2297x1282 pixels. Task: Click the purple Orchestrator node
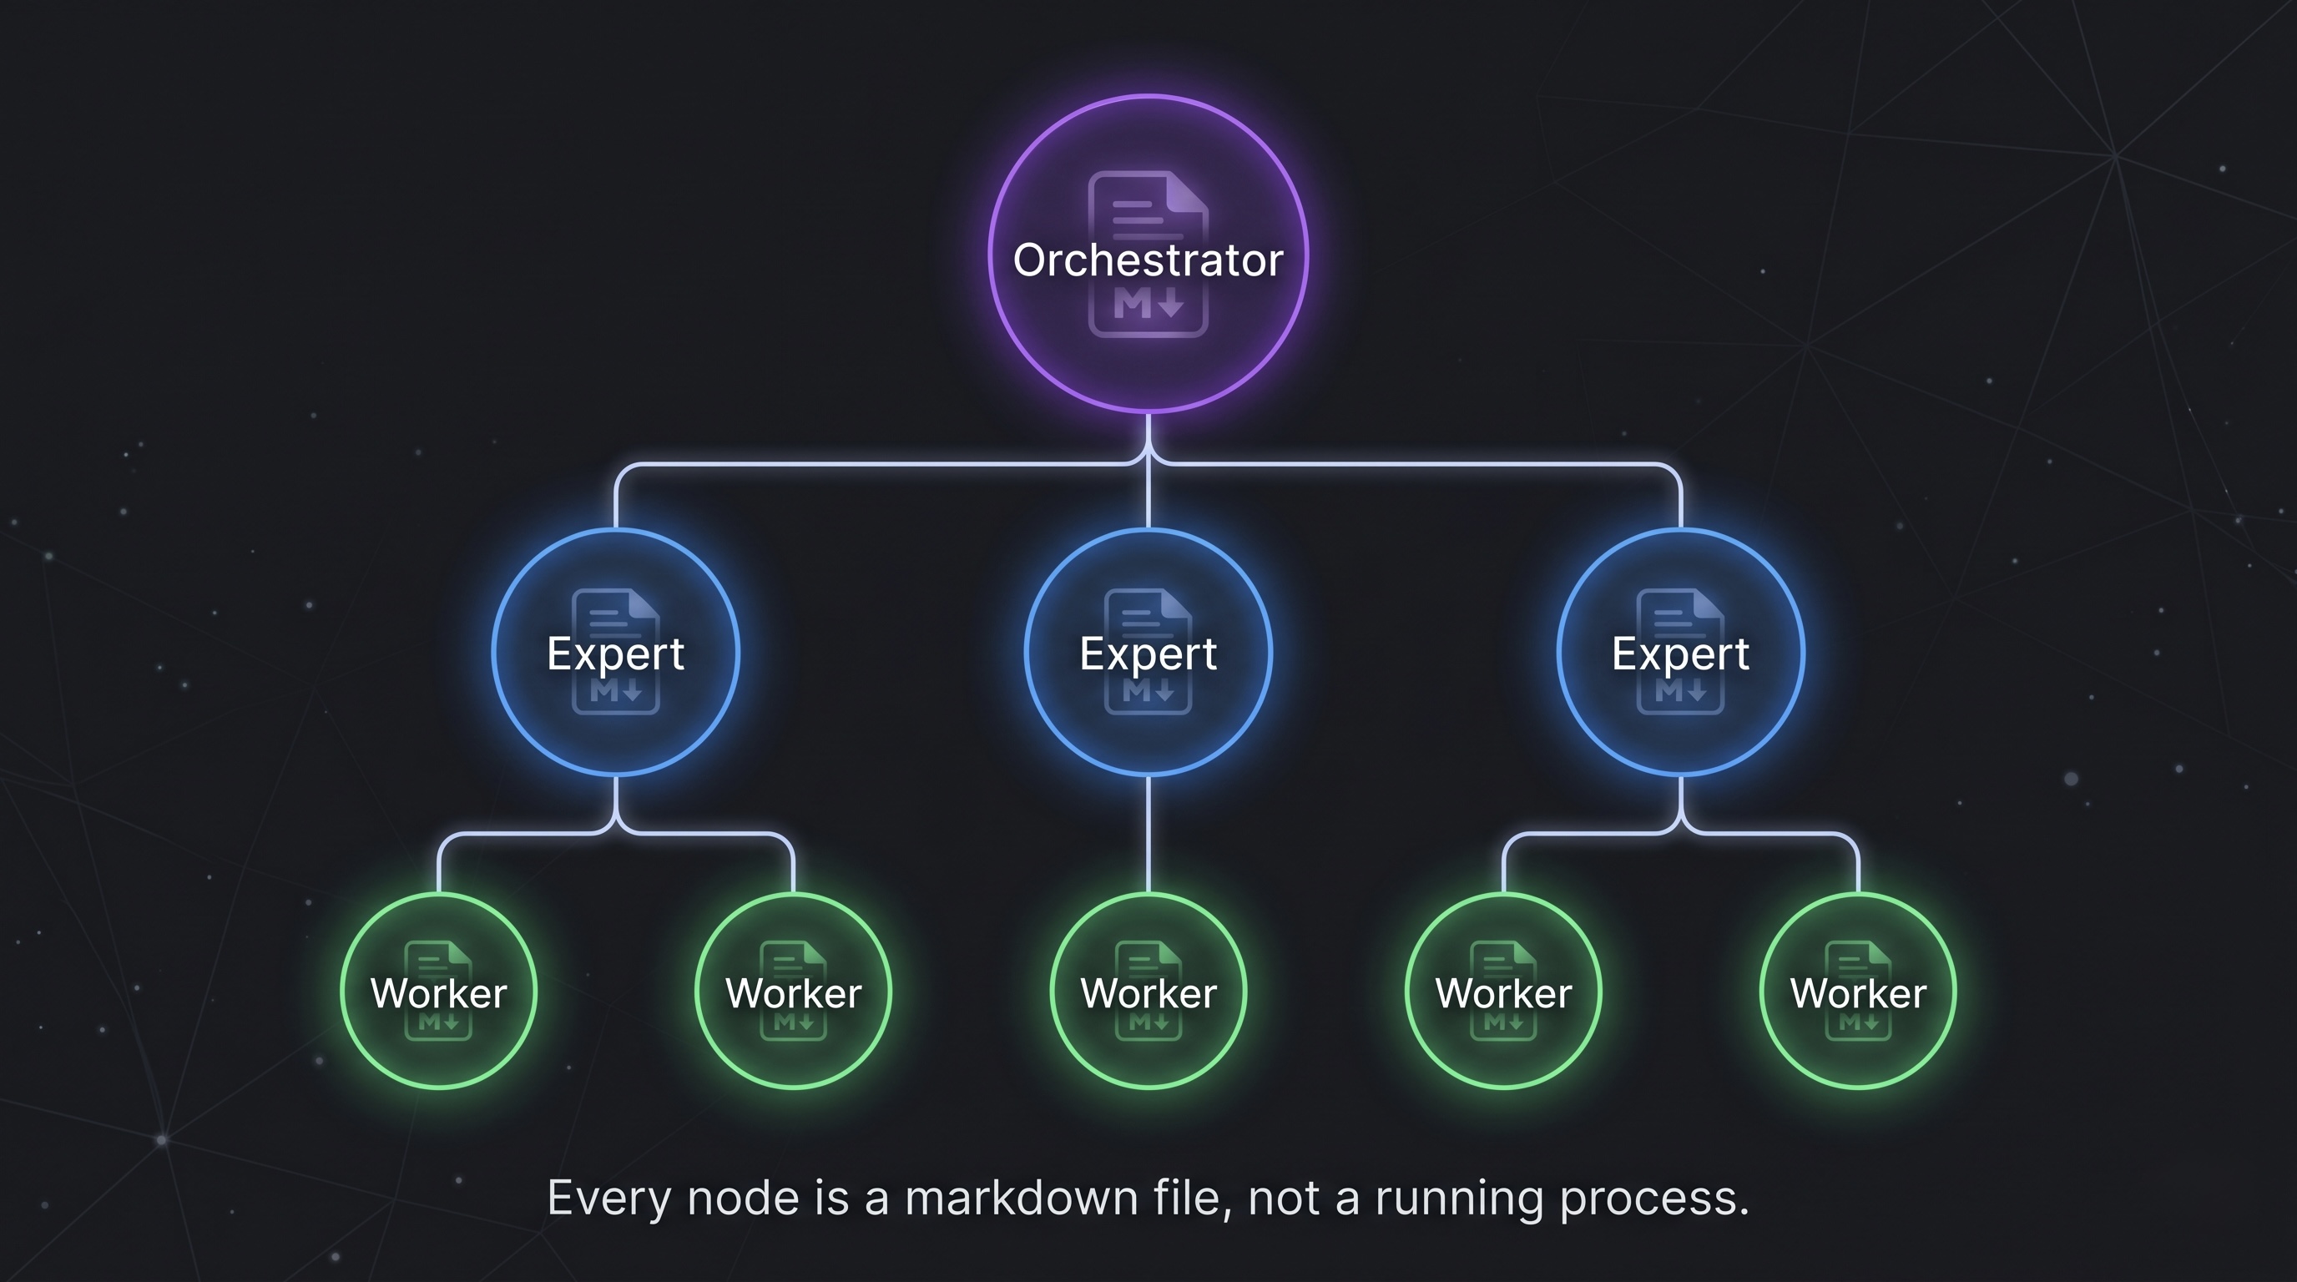[1148, 254]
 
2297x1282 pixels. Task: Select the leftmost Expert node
[615, 653]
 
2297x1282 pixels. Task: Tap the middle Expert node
[1148, 653]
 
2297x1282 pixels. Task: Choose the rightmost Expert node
[1680, 653]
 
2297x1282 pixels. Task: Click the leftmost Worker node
[439, 992]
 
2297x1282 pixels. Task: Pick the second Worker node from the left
[793, 992]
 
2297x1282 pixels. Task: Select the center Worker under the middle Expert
[1148, 992]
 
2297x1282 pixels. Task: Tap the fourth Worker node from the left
[1503, 992]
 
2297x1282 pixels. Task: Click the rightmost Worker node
[1858, 992]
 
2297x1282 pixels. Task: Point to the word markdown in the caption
[1021, 1198]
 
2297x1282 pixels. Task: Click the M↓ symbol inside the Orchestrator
[1148, 305]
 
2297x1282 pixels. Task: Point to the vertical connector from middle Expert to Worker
[1148, 834]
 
